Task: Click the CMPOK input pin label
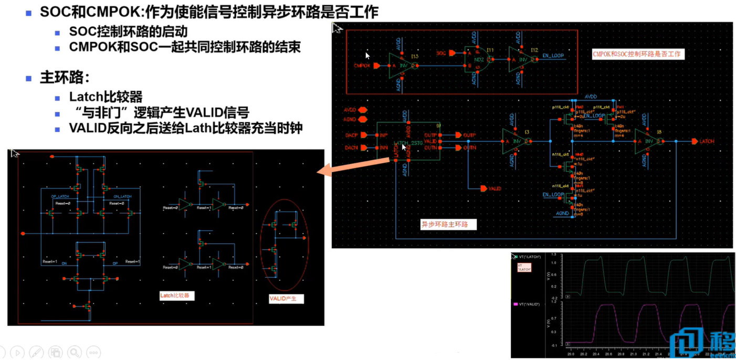(x=363, y=66)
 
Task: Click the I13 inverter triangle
(x=398, y=66)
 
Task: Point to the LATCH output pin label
(x=707, y=142)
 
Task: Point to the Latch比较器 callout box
(x=177, y=296)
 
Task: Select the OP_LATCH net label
(x=60, y=196)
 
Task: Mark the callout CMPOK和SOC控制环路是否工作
(x=638, y=54)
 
